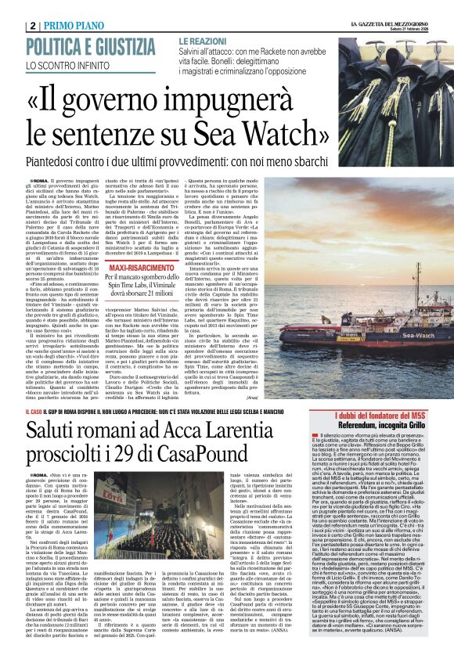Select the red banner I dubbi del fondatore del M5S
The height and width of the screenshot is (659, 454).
pyautogui.click(x=381, y=413)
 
